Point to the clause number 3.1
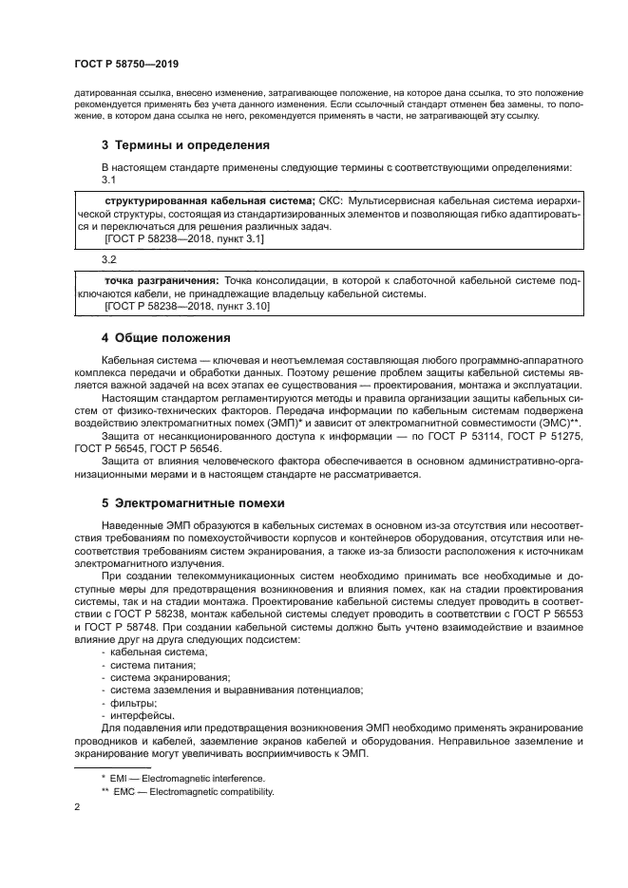pyautogui.click(x=108, y=179)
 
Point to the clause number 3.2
pyautogui.click(x=108, y=258)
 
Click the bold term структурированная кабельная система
pyautogui.click(x=209, y=202)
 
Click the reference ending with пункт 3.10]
pyautogui.click(x=187, y=307)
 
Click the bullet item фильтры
pyautogui.click(x=133, y=703)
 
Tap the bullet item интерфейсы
pyautogui.click(x=141, y=715)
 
